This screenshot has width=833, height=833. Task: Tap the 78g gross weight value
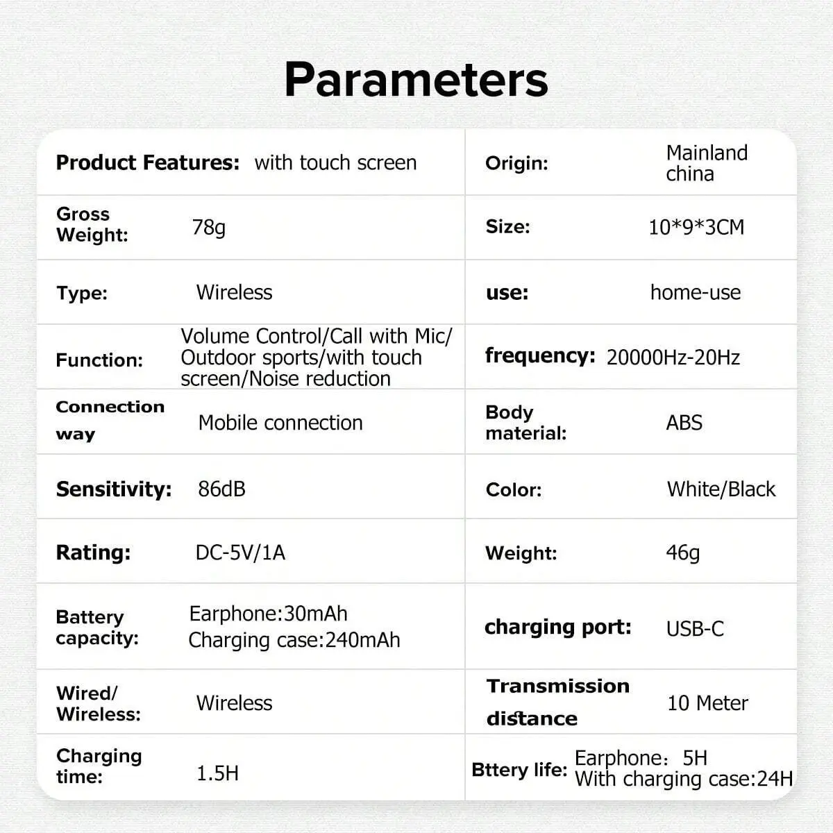(x=209, y=228)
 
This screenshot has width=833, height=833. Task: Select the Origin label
(x=516, y=163)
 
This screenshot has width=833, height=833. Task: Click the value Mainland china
(x=707, y=163)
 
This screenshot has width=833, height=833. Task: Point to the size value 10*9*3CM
(x=696, y=228)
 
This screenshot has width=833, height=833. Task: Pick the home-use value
(x=696, y=293)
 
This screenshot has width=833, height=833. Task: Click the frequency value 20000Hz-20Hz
(x=673, y=357)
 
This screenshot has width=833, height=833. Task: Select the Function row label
(x=99, y=360)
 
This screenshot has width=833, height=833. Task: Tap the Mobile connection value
(x=280, y=423)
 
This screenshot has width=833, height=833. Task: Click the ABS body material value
(x=684, y=423)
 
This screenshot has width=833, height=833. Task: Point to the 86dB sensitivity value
(x=221, y=489)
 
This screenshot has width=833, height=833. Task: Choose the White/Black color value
(x=721, y=489)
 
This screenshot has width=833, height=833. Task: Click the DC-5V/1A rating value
(x=240, y=553)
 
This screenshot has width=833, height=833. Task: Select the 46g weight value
(x=682, y=553)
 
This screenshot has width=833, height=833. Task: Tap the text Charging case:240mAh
(x=294, y=641)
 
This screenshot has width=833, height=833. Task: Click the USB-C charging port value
(x=695, y=629)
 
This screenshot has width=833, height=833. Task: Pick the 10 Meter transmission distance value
(x=707, y=703)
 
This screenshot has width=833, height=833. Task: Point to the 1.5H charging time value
(x=217, y=773)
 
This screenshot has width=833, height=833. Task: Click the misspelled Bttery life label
(x=519, y=770)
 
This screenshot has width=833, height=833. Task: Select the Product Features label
(x=148, y=163)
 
